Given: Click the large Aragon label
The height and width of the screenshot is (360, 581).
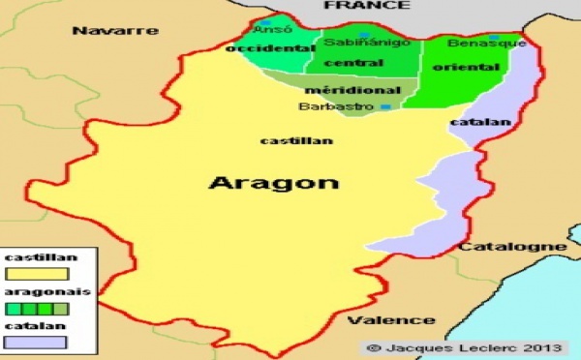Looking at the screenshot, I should (x=274, y=182).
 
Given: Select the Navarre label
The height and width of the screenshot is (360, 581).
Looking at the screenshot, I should (x=115, y=31).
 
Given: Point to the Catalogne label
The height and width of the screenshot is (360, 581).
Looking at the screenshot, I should (x=512, y=247).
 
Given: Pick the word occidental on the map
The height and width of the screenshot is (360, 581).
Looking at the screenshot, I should (x=258, y=48).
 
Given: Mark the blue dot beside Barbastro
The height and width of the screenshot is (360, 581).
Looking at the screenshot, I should (x=384, y=106).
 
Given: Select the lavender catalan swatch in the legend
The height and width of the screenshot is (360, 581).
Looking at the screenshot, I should (x=37, y=341).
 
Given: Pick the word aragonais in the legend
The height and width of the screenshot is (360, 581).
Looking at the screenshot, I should (x=35, y=291).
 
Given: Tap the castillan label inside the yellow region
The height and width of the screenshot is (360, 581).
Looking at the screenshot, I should (x=297, y=140).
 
